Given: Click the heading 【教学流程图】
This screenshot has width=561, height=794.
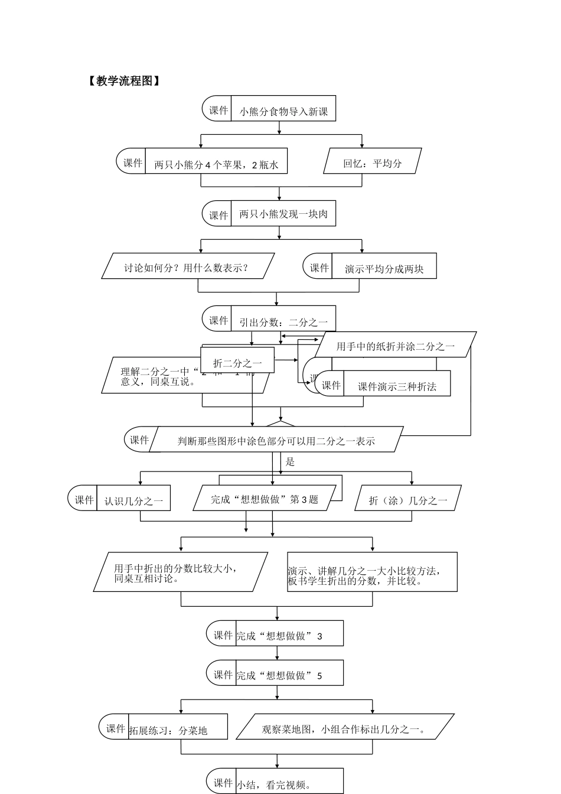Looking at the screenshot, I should pos(123,82).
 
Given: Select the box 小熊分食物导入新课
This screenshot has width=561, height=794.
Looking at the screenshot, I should pos(283,110).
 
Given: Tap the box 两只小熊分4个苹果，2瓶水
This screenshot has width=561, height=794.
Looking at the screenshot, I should pos(216,164).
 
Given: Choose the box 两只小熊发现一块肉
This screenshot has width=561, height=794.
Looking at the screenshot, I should pos(283,214).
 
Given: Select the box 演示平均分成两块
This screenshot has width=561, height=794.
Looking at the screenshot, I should pos(384,268).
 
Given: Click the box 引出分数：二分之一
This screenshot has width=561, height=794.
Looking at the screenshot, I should pos(283,321).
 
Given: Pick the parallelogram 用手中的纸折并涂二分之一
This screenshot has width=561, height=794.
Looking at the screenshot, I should pos(396,346).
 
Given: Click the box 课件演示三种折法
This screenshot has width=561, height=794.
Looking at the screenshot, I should pos(397,386).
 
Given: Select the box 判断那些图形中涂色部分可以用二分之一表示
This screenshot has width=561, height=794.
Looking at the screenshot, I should pos(276,440).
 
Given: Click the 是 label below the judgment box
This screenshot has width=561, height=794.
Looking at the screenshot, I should pos(290,462).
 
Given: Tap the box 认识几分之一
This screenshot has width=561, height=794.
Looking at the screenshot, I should pos(133,500).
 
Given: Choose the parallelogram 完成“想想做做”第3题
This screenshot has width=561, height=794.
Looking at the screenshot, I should pos(265,499).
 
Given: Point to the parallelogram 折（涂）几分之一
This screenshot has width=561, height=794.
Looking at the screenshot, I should pos(408,500).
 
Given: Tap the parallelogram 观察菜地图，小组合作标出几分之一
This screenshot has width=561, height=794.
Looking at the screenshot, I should pos(345,728).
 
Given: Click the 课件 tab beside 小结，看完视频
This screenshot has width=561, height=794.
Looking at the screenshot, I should pos(223,783).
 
